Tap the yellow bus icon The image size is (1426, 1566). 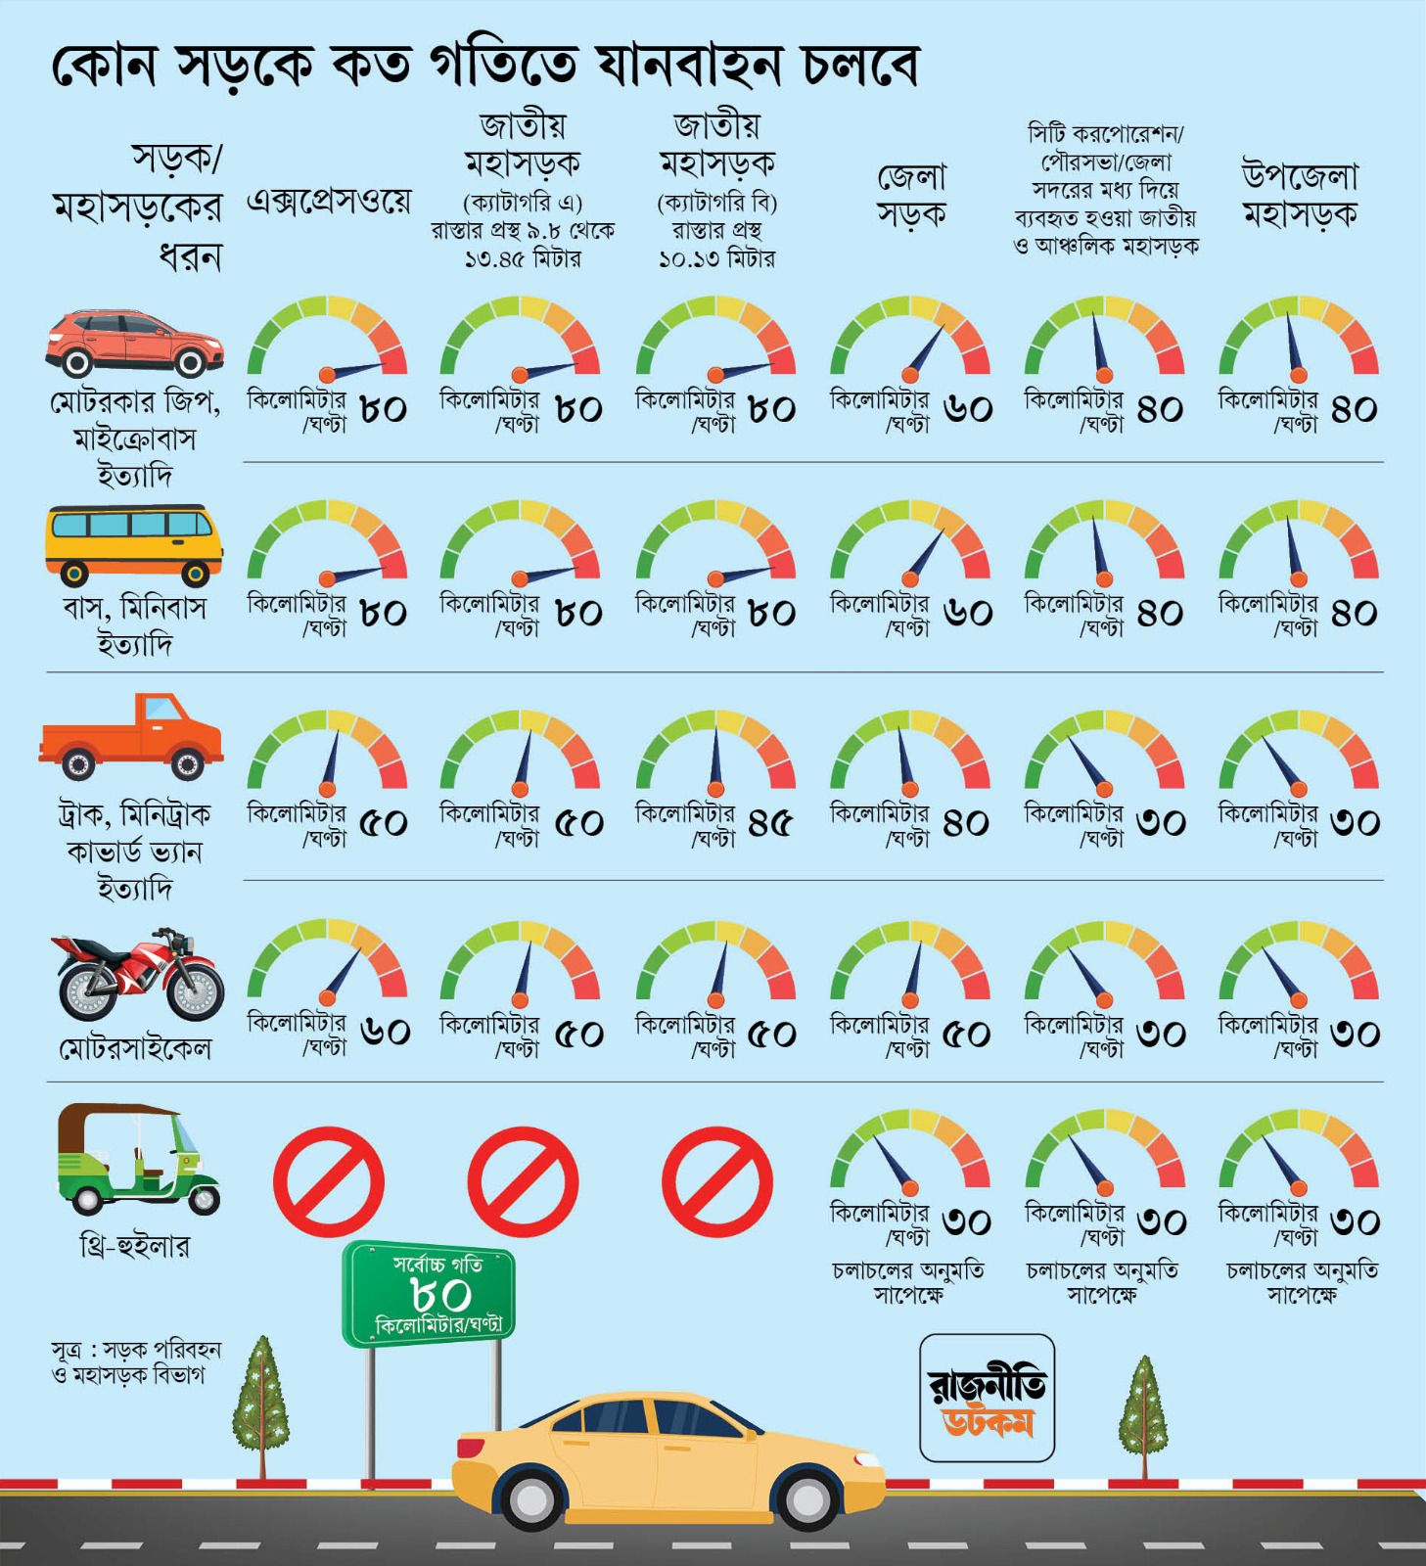(x=134, y=545)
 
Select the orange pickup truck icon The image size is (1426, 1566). (x=131, y=735)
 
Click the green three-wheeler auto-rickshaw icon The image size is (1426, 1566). (x=138, y=1159)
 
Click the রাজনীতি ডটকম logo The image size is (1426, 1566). (x=988, y=1398)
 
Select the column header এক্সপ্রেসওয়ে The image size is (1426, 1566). (x=329, y=202)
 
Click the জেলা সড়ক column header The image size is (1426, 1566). (x=910, y=196)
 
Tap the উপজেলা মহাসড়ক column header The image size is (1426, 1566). (x=1300, y=194)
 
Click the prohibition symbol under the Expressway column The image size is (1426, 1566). (x=329, y=1181)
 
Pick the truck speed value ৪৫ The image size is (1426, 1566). (x=770, y=824)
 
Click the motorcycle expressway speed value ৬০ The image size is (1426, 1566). (x=385, y=1033)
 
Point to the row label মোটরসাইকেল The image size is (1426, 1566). (x=135, y=1049)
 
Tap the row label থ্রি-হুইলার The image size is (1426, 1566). (x=134, y=1246)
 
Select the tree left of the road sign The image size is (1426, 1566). (x=261, y=1406)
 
